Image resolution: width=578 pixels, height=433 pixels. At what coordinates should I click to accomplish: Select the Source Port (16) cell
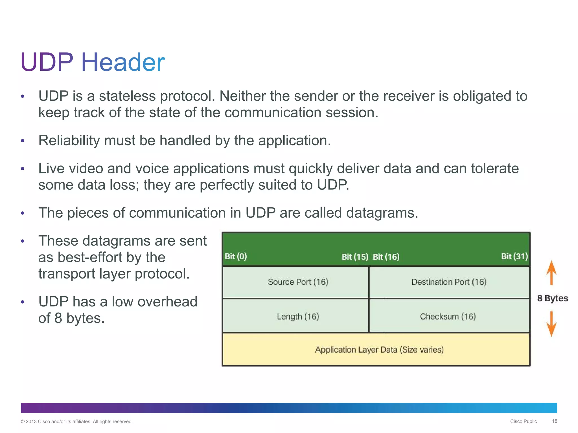tap(298, 282)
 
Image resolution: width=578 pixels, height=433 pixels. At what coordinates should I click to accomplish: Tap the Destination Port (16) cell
tap(449, 282)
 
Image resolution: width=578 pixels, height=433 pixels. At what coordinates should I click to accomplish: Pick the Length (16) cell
tap(298, 317)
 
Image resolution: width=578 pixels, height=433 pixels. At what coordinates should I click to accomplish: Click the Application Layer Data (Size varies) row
tap(379, 350)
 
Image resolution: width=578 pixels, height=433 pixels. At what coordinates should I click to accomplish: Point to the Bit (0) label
tap(236, 256)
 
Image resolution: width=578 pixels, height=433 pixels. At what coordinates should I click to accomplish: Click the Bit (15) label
tap(355, 257)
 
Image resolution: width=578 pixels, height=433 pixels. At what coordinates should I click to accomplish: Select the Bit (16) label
tap(386, 257)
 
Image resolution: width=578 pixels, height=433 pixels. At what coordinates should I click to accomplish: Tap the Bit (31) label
tap(514, 256)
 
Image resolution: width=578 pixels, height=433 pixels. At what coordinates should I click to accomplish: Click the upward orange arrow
tap(551, 273)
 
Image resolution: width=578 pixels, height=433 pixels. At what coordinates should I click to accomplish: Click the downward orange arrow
tap(551, 324)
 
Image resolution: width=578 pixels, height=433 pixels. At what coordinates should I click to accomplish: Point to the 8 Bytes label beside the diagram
tap(552, 298)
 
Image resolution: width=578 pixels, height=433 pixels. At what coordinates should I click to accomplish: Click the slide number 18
tap(554, 421)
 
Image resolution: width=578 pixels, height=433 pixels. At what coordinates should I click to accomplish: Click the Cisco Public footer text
tap(523, 421)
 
